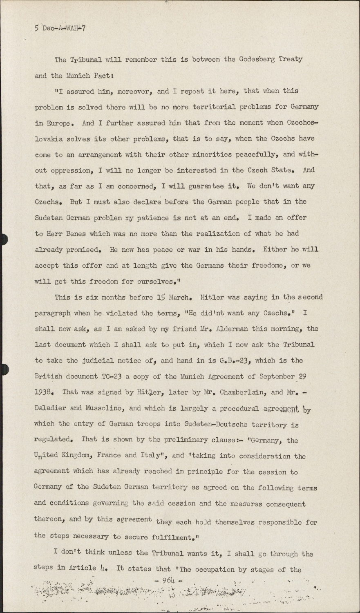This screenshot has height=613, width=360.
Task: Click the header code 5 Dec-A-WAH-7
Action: [x=60, y=28]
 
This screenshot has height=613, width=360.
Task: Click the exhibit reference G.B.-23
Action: [x=232, y=360]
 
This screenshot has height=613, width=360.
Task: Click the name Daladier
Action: [x=51, y=408]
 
